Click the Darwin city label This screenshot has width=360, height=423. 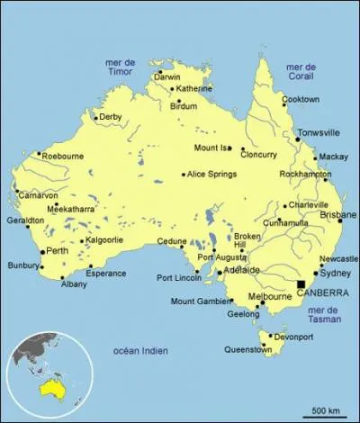click(x=167, y=77)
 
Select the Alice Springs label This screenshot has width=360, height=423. click(x=213, y=175)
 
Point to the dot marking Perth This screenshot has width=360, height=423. click(x=42, y=251)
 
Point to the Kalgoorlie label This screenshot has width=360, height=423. click(x=106, y=240)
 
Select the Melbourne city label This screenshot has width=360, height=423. click(x=269, y=296)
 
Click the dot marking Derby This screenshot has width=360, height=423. click(x=96, y=117)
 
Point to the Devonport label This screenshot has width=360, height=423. click(x=294, y=337)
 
